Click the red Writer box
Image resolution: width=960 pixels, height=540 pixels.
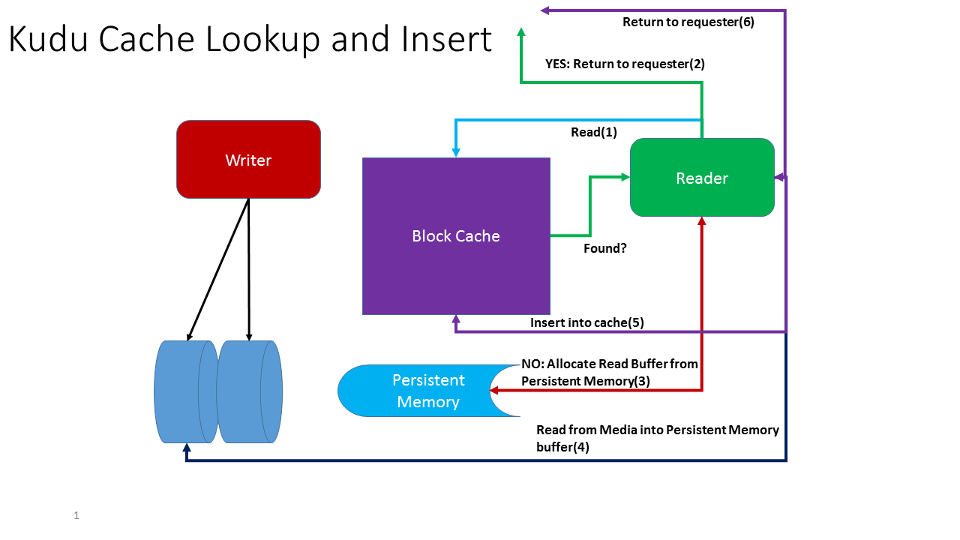[x=248, y=160]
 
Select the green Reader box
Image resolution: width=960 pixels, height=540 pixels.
[x=702, y=178]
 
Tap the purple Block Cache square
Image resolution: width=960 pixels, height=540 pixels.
[x=456, y=235]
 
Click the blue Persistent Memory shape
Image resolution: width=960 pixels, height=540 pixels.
[x=420, y=391]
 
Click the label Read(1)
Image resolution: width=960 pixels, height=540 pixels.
[x=594, y=132]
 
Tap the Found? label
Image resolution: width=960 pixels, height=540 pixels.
[x=605, y=248]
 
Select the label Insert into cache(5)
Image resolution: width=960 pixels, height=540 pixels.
[x=587, y=322]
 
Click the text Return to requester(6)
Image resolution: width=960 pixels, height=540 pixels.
[x=688, y=22]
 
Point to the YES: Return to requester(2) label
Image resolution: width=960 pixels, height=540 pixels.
[x=625, y=64]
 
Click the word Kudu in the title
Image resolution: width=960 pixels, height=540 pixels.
[x=53, y=39]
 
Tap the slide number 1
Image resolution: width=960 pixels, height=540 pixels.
[x=76, y=515]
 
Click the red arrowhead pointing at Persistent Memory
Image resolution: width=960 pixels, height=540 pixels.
[x=495, y=390]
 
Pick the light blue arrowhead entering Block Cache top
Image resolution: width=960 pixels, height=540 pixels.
[x=456, y=152]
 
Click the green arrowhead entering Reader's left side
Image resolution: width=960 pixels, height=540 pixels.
[x=625, y=177]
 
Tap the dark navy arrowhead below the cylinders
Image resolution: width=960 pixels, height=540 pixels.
[x=186, y=448]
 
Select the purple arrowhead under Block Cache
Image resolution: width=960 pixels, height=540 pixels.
[x=456, y=319]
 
